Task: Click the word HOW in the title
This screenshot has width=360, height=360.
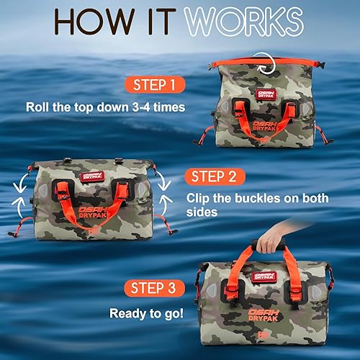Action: click(x=87, y=21)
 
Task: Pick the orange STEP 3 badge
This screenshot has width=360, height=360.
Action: click(x=155, y=289)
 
